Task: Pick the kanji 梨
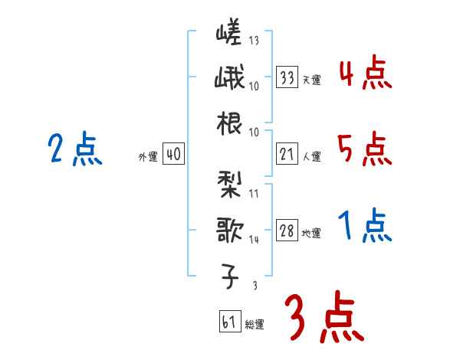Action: point(229,184)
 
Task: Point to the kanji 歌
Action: point(229,229)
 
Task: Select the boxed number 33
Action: point(287,77)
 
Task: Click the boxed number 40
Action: point(173,155)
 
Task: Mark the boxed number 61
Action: point(229,322)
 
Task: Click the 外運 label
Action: point(148,157)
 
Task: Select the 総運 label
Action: point(255,324)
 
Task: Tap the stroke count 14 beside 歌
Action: point(254,239)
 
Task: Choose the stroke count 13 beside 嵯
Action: point(254,41)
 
